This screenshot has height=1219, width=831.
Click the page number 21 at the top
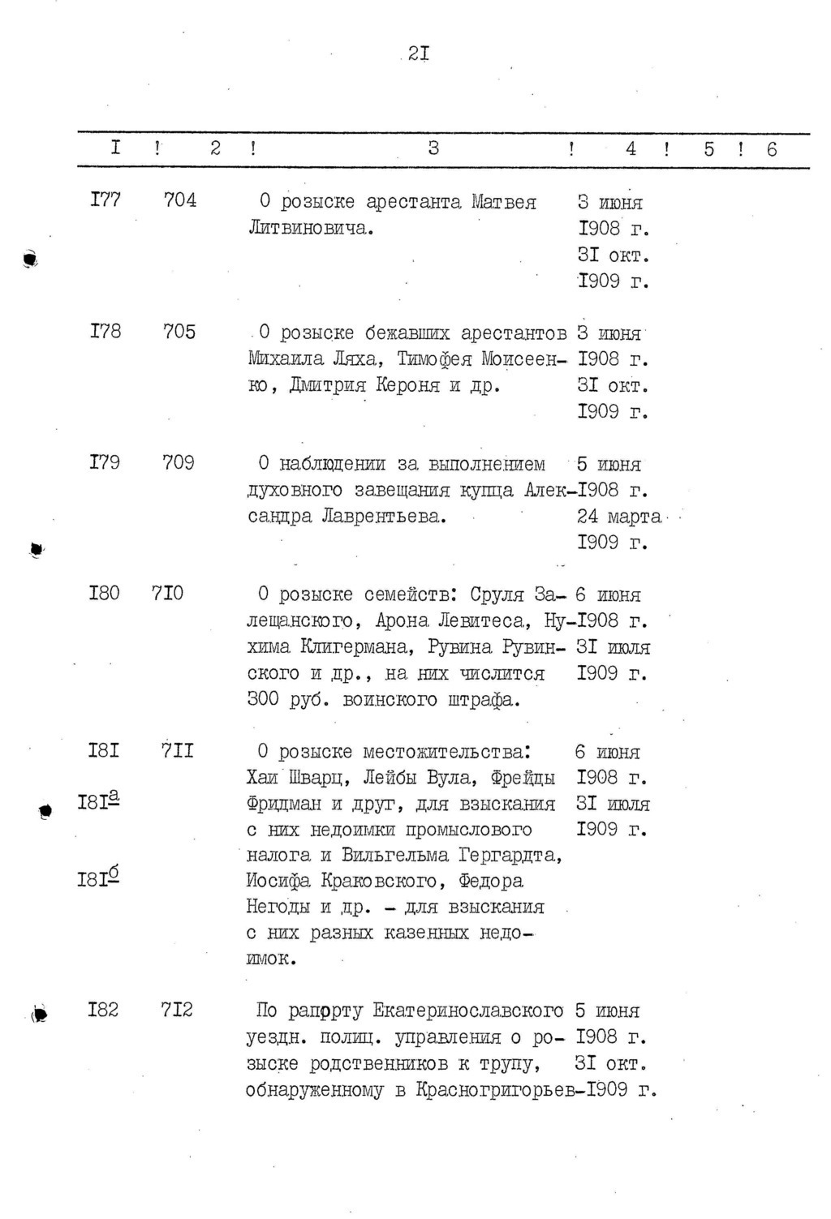point(419,54)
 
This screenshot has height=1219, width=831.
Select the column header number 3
point(434,148)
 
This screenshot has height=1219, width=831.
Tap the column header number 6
point(771,149)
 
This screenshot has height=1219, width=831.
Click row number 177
point(105,200)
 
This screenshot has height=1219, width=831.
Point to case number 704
point(179,200)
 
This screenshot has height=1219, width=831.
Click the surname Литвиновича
point(310,228)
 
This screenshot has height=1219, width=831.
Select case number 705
point(179,332)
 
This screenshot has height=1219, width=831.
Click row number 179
point(105,462)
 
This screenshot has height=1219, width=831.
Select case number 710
point(167,594)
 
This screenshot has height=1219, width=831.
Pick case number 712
point(177,1010)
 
